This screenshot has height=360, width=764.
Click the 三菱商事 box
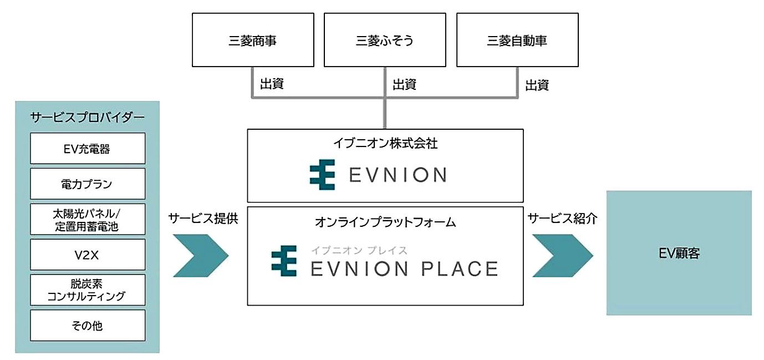253,40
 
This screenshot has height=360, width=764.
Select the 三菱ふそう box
385,40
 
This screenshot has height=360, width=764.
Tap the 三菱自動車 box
517,40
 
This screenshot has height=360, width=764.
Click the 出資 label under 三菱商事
272,84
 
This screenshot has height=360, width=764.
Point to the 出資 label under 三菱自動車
537,85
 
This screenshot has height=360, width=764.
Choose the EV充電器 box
88,149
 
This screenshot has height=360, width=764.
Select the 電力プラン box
88,184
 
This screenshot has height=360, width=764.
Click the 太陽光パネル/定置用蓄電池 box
88,219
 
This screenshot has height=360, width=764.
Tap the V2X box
88,255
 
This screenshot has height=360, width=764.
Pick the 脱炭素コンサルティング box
88,290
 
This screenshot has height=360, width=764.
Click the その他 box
88,325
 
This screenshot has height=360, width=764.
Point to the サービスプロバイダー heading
87,117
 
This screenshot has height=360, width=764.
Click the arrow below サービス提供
201,256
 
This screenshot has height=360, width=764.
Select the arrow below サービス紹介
562,256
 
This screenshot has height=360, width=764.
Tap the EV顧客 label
679,253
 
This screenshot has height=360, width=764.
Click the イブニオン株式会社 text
385,143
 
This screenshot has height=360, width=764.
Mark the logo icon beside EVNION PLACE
284,261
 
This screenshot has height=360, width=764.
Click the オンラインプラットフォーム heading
385,222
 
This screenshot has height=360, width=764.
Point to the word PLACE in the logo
460,269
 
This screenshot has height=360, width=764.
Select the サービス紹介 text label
562,219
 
